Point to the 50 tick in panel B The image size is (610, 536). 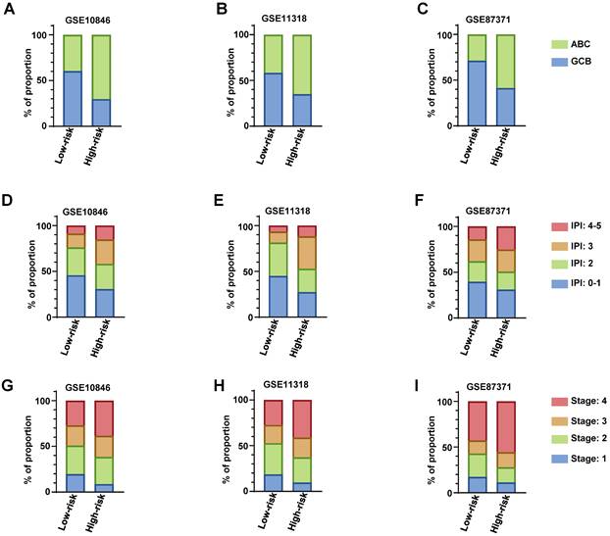tap(228, 80)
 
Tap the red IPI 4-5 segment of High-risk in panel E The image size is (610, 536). tap(307, 231)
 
